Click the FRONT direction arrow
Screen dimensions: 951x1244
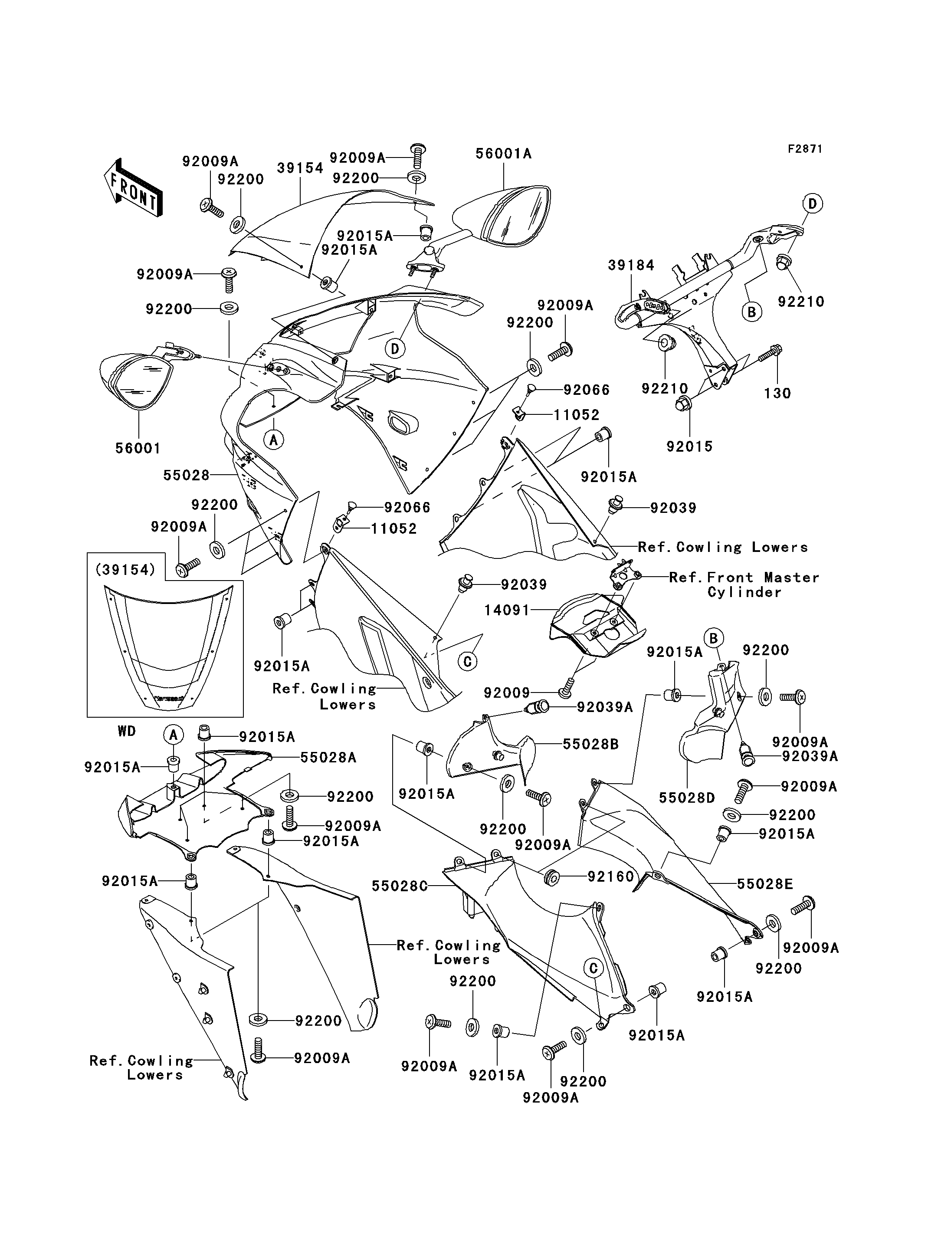[x=134, y=187]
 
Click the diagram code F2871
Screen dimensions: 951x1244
[x=805, y=149]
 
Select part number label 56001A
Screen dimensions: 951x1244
[x=503, y=154]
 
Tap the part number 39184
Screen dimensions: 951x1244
[x=631, y=265]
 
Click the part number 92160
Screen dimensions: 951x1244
[x=611, y=876]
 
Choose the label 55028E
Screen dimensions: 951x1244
[x=765, y=884]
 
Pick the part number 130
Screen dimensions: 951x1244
[x=777, y=393]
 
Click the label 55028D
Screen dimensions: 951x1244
[x=687, y=798]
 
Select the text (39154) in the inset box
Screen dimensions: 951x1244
[x=126, y=570]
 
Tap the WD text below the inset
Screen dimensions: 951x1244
[x=127, y=731]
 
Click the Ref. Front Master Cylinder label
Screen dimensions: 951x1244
[x=744, y=585]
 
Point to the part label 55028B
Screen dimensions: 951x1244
[x=590, y=744]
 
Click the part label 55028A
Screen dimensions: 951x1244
[x=328, y=758]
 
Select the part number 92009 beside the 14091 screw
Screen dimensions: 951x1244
[x=507, y=693]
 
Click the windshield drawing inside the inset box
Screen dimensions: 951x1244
[x=168, y=646]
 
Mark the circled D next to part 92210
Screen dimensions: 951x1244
[x=812, y=203]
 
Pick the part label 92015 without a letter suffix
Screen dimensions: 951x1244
[x=689, y=446]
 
